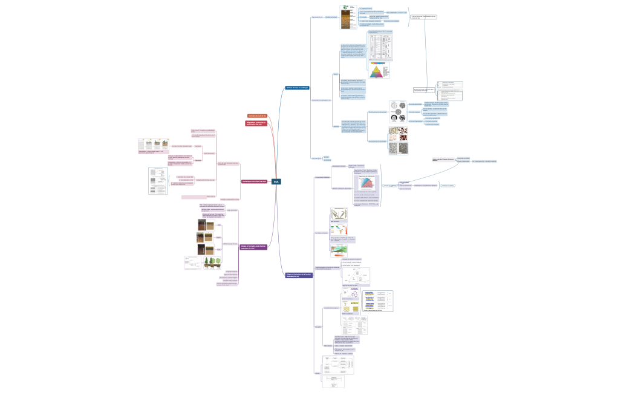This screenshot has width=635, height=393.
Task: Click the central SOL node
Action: [276, 181]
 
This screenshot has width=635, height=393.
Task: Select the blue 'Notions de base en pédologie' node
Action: [297, 88]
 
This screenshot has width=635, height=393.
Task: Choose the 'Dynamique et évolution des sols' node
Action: [253, 181]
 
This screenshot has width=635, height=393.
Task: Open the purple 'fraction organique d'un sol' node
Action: [254, 247]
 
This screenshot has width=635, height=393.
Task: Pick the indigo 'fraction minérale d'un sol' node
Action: [299, 275]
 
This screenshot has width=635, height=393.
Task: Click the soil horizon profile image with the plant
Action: [345, 18]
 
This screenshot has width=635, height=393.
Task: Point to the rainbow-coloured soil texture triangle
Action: [379, 71]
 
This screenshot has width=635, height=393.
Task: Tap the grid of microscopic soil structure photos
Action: [398, 140]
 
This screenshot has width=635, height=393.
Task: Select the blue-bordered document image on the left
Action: [158, 181]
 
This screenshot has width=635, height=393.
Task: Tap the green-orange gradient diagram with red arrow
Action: [339, 228]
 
